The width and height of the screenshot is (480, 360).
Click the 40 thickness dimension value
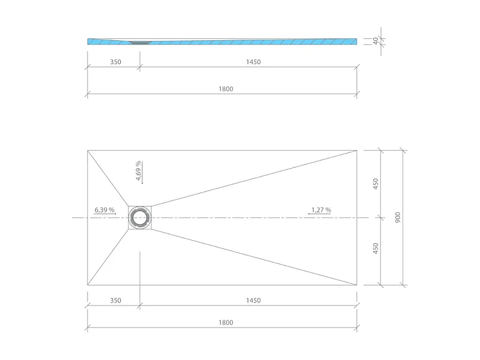[x=376, y=41]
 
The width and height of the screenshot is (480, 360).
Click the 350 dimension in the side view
[x=116, y=62]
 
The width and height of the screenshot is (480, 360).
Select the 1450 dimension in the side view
[x=253, y=62]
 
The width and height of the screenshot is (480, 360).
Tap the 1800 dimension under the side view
[x=226, y=89]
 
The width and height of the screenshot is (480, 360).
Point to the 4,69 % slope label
[x=138, y=171]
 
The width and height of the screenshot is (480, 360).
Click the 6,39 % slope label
[x=104, y=210]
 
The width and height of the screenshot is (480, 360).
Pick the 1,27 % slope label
[x=321, y=210]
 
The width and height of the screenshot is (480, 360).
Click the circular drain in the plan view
[x=140, y=218]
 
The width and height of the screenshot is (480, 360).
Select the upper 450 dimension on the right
[x=376, y=184]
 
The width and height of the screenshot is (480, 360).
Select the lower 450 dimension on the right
[x=376, y=248]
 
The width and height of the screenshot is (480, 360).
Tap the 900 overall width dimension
[x=397, y=217]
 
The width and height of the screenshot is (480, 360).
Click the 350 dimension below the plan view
[x=116, y=300]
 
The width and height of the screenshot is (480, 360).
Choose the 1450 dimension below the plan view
[x=253, y=300]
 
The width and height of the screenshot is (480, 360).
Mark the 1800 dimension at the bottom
[x=226, y=322]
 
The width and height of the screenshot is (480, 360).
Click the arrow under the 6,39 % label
[x=106, y=214]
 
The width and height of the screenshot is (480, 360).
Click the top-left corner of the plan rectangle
[x=88, y=150]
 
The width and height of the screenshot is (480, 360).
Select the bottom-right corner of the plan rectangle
[x=357, y=285]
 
